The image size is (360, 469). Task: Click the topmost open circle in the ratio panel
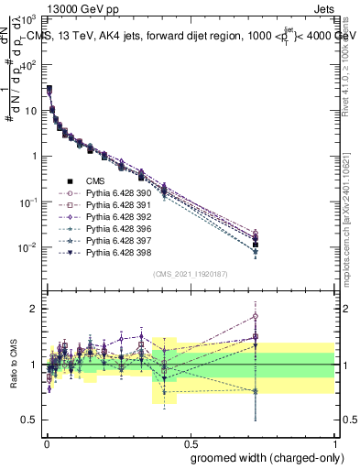pyautogui.click(x=255, y=316)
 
